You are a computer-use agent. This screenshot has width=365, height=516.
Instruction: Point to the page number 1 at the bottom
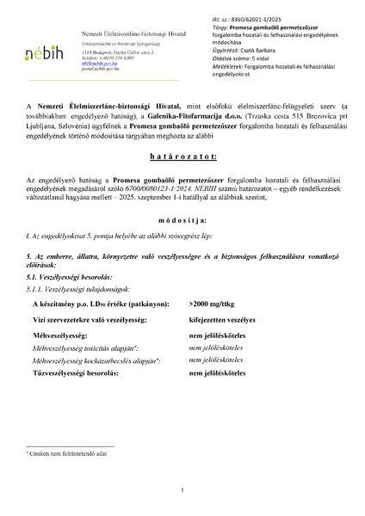coord(183,491)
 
